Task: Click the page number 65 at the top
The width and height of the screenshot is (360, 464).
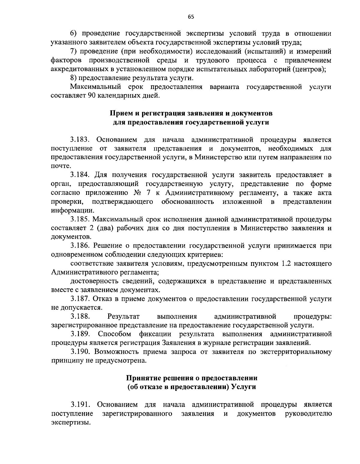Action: tap(191, 17)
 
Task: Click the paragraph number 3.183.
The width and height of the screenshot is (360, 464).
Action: tap(80, 140)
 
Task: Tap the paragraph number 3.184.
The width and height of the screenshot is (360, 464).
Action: tap(80, 175)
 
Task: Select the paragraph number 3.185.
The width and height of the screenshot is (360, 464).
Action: tap(80, 219)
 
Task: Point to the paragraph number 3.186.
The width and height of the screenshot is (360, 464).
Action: tap(80, 246)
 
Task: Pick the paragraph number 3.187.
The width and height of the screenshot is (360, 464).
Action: tap(80, 299)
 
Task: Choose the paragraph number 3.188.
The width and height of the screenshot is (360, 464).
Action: tap(80, 316)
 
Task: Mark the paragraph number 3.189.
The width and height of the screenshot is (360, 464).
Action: tap(80, 334)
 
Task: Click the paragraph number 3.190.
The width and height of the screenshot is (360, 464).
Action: tap(80, 352)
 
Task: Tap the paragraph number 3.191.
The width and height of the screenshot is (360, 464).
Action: tap(80, 405)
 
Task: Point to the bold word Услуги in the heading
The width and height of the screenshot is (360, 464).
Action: tap(244, 387)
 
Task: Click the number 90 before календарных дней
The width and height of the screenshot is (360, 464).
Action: tap(92, 96)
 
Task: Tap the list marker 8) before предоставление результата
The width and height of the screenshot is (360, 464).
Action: tap(73, 78)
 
